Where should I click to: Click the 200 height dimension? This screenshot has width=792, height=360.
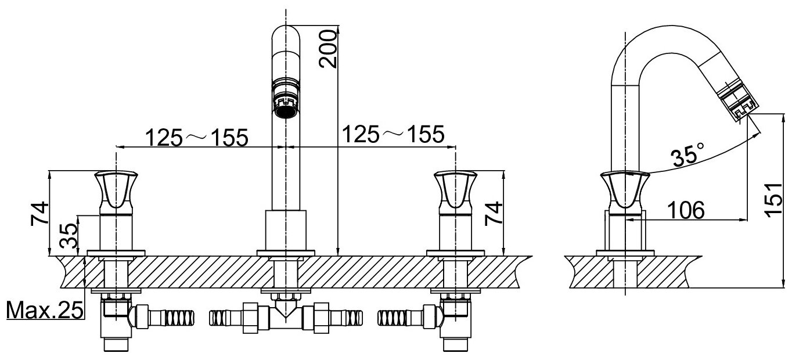point(327,49)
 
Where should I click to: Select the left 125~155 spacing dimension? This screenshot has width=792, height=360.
point(197,137)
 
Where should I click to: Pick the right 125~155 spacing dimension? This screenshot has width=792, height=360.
point(393,134)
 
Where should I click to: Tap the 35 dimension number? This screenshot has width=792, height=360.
point(69,236)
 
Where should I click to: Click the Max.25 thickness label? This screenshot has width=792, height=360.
point(45,311)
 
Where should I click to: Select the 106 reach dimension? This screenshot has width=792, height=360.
point(686,210)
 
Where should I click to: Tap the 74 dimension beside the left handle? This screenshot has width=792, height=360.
point(39,213)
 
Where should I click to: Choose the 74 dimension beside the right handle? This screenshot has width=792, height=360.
point(493,213)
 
